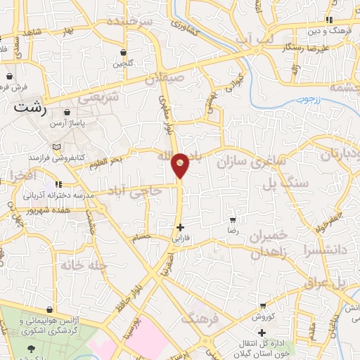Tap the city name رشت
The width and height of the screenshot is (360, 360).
[30, 108]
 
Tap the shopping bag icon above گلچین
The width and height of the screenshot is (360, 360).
[124, 53]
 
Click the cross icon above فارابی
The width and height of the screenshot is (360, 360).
[181, 227]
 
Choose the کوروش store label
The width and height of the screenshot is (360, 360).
[262, 317]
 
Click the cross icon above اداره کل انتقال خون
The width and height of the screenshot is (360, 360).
[262, 332]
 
